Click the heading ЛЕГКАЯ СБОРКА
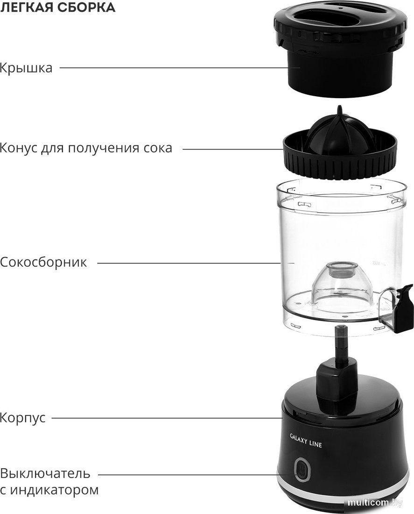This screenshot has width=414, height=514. coord(58,8)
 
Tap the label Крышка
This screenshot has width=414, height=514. coord(26,68)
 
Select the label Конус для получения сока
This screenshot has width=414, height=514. coord(86,149)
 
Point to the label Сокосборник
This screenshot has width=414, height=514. coord(43,262)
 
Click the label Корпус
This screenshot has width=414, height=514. coord(23,417)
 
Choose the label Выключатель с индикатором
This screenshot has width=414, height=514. coord(49,482)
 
